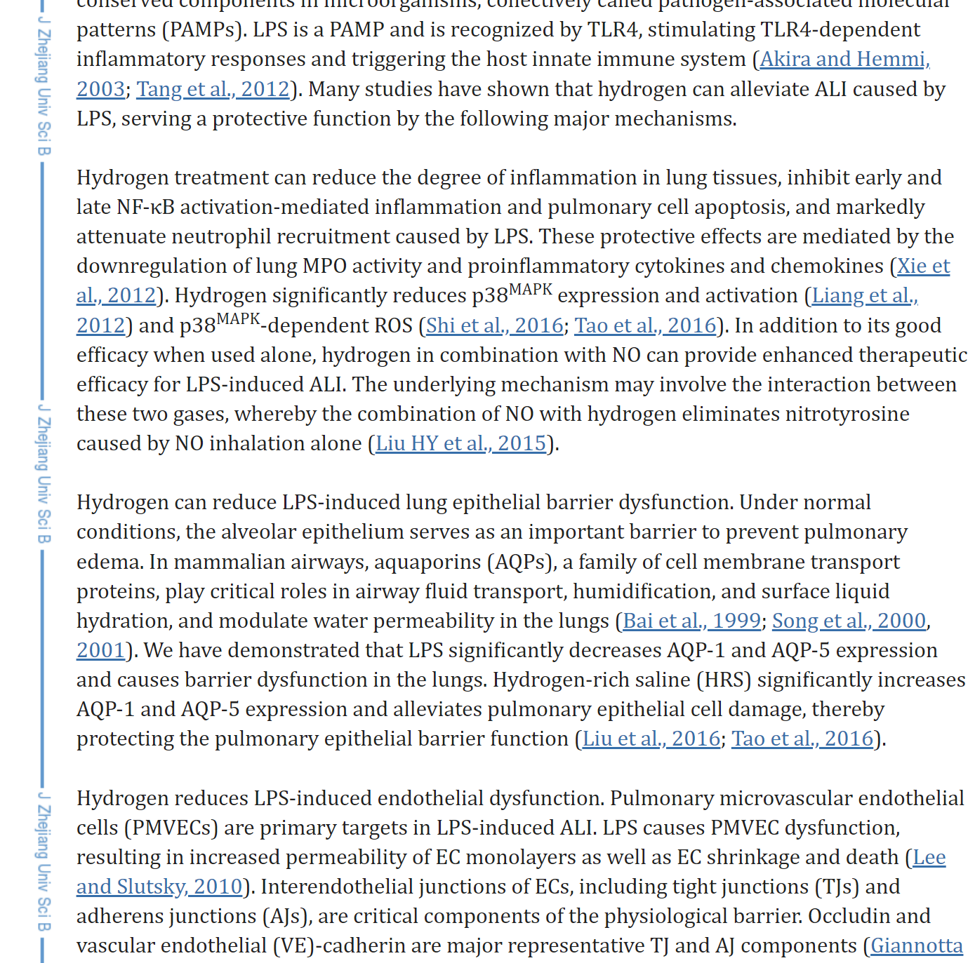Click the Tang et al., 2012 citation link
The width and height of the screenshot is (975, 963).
pos(213,89)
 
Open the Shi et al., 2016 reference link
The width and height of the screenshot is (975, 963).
pos(495,325)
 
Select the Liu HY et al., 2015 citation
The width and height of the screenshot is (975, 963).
pos(460,443)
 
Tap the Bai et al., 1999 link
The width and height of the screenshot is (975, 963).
pos(691,621)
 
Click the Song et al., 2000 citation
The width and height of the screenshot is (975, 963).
pos(849,621)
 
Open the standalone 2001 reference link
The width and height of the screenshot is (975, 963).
pos(100,650)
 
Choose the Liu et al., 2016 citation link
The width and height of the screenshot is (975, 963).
pos(651,739)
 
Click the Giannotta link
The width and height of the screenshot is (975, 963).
pos(916,945)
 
